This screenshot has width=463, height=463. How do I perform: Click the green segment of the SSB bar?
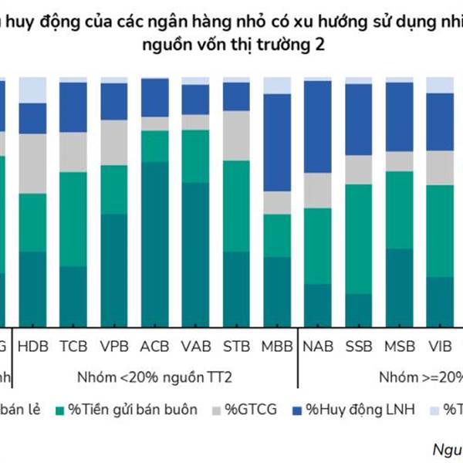[359, 239]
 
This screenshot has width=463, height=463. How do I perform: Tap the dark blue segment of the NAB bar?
[318, 127]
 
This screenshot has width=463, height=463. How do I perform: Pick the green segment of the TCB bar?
[73, 219]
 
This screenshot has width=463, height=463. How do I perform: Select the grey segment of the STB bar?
[236, 135]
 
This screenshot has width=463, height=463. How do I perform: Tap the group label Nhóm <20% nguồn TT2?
[154, 377]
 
